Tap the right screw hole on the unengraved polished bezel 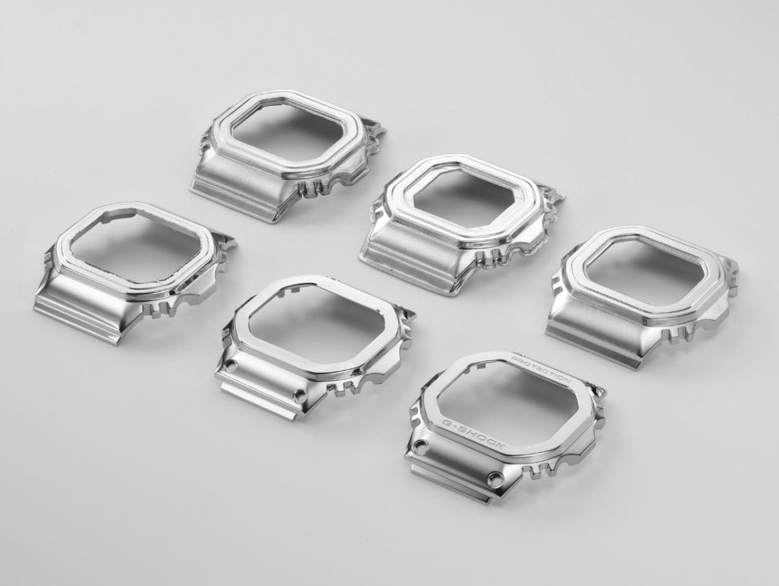coord(301,395)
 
